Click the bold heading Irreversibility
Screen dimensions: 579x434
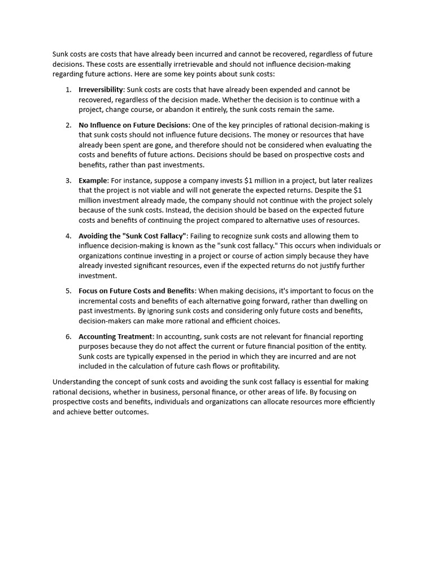pos(101,89)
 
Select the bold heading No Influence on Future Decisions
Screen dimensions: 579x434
pos(133,124)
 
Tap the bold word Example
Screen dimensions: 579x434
pos(93,180)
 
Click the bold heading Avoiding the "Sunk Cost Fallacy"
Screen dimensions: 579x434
pos(132,236)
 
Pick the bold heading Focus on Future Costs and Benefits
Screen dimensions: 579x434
pos(137,291)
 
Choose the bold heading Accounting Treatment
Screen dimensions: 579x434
pos(115,336)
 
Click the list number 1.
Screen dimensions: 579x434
pos(68,89)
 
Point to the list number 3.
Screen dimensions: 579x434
pos(68,180)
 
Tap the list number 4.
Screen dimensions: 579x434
pos(68,236)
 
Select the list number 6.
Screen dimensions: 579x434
pos(68,336)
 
